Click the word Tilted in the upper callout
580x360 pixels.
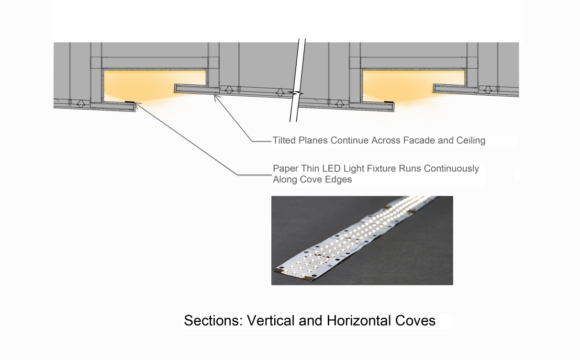click(x=283, y=140)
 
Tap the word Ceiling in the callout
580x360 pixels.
click(x=470, y=140)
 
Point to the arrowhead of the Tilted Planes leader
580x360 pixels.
click(x=215, y=96)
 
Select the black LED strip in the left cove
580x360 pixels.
click(x=130, y=102)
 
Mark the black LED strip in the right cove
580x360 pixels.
click(x=388, y=102)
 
